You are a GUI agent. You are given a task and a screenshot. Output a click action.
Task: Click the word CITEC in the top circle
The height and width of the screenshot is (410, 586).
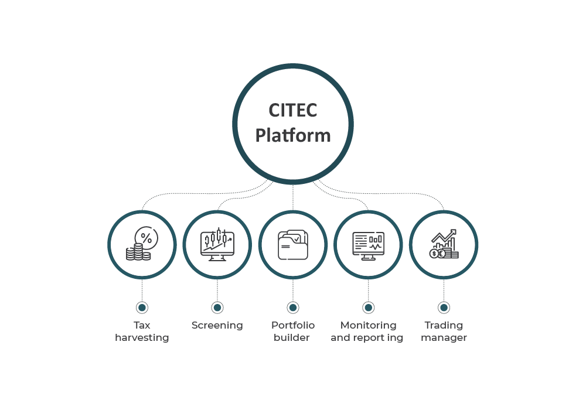pyautogui.click(x=292, y=110)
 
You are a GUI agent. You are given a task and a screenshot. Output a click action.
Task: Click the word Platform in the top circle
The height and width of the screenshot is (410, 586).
pyautogui.click(x=293, y=136)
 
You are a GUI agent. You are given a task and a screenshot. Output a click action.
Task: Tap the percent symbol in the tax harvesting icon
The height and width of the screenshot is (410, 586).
pyautogui.click(x=146, y=238)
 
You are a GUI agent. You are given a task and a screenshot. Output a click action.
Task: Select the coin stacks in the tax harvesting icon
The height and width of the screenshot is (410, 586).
pyautogui.click(x=138, y=253)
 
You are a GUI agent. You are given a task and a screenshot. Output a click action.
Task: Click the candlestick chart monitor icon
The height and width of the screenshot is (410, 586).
pyautogui.click(x=217, y=244)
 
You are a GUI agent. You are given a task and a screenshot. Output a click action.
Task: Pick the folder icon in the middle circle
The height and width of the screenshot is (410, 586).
pyautogui.click(x=292, y=244)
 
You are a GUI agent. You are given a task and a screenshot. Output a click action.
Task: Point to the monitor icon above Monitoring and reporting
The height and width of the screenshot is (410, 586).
pyautogui.click(x=368, y=244)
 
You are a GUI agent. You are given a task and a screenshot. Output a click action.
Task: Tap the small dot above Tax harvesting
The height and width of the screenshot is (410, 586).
pyautogui.click(x=142, y=307)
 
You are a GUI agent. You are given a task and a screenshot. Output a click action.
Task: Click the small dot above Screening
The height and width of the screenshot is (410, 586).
pyautogui.click(x=217, y=307)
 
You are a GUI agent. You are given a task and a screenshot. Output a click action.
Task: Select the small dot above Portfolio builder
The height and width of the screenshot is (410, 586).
pyautogui.click(x=293, y=307)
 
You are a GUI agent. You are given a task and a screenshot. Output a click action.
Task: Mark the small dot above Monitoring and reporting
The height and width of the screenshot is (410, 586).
pyautogui.click(x=369, y=307)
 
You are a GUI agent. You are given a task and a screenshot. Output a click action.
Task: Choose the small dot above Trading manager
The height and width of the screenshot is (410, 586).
pyautogui.click(x=444, y=307)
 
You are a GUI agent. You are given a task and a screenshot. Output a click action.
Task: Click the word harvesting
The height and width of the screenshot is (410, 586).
pyautogui.click(x=142, y=338)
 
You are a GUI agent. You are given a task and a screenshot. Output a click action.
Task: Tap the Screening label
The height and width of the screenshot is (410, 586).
pyautogui.click(x=217, y=326)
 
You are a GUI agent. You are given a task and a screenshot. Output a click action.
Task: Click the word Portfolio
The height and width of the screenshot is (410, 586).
pyautogui.click(x=293, y=325)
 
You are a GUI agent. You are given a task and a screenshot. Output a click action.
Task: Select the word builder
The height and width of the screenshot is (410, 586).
pyautogui.click(x=292, y=338)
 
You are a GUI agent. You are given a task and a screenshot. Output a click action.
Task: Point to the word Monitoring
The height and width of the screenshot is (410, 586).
pyautogui.click(x=368, y=326)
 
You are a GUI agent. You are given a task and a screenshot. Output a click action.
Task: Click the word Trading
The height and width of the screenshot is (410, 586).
pyautogui.click(x=444, y=326)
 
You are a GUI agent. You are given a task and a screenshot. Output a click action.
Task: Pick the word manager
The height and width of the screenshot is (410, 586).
pyautogui.click(x=444, y=338)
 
